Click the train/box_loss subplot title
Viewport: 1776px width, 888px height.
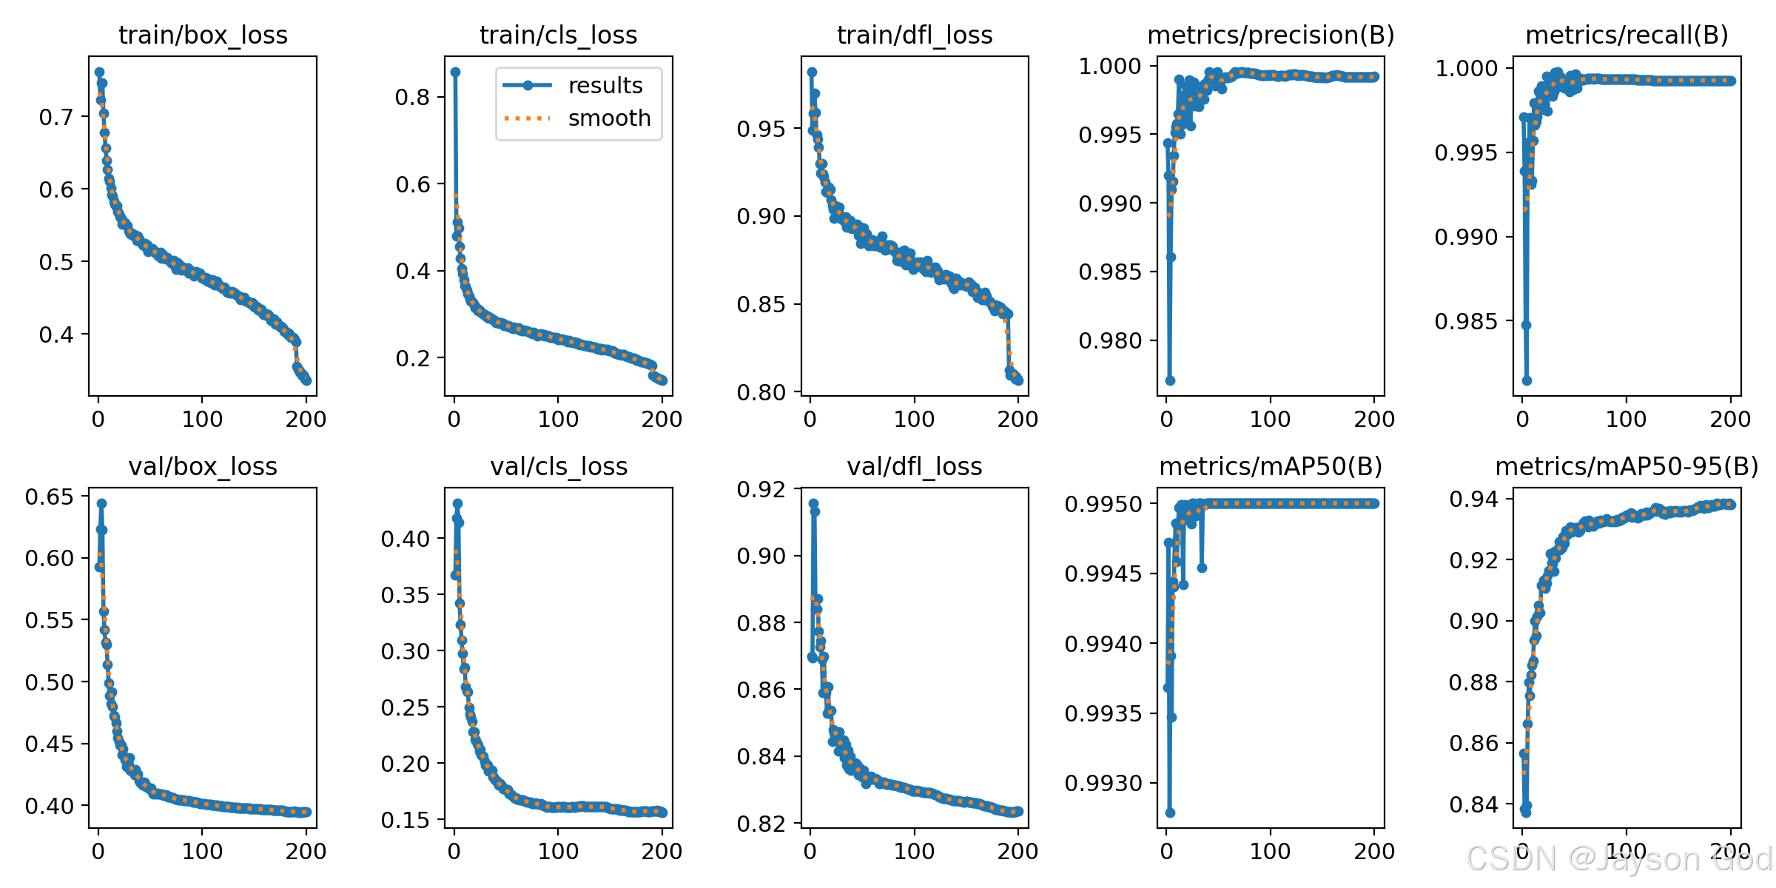[203, 35]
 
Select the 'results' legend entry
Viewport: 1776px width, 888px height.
[605, 86]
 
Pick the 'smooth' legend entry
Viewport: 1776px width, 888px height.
[608, 118]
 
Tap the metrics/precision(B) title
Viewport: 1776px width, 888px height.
[1271, 35]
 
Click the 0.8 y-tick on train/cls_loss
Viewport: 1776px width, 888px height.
[412, 97]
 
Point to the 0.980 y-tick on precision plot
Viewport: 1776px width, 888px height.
[1110, 340]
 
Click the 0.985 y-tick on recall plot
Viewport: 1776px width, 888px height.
[1466, 321]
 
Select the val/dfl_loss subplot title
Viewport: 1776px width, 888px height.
[915, 466]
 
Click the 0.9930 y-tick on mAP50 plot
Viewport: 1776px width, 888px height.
[1103, 782]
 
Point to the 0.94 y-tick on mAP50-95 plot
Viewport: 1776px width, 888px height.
[1473, 499]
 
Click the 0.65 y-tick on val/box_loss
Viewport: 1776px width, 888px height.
[50, 497]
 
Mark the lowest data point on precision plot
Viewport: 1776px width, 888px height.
[1170, 380]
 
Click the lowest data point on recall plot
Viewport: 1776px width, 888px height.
[1527, 380]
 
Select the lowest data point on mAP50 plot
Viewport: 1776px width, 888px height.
[1170, 813]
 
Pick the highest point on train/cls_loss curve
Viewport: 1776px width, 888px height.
[455, 72]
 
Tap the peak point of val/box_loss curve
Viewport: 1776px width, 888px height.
[101, 503]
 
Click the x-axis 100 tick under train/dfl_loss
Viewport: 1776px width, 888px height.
[914, 419]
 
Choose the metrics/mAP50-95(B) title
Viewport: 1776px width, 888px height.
[1627, 466]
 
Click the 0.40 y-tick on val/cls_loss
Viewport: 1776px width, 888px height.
[405, 539]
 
